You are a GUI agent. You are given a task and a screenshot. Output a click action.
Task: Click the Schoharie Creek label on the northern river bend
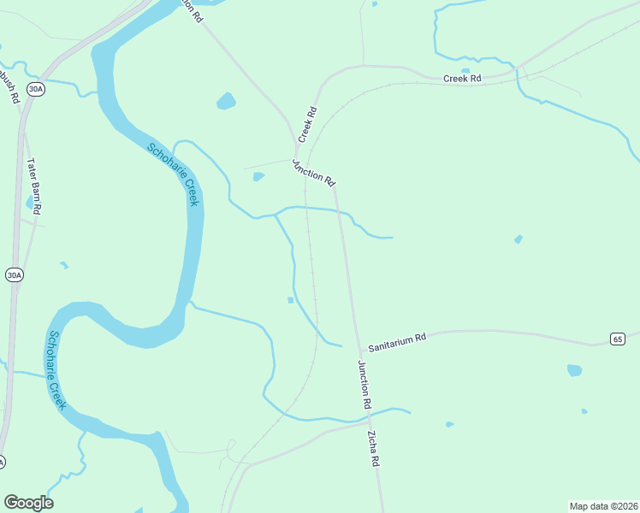click(173, 174)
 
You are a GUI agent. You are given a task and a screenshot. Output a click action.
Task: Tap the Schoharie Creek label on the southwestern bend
click(57, 370)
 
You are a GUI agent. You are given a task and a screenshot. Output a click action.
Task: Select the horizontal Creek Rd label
click(463, 79)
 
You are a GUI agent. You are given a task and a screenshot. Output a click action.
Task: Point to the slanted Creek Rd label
click(307, 124)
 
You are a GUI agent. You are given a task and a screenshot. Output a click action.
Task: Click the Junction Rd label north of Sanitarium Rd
click(313, 173)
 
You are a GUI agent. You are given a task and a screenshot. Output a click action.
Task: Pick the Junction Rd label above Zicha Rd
click(364, 384)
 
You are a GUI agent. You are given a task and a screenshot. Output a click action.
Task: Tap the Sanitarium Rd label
click(397, 344)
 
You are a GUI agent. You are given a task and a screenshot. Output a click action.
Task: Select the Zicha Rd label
click(374, 448)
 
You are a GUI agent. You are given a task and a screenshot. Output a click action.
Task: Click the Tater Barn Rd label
click(34, 186)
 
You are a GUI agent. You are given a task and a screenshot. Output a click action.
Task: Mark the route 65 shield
click(618, 339)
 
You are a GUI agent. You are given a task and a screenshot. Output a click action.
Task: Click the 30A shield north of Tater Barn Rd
click(34, 89)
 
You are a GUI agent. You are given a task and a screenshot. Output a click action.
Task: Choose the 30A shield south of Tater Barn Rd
click(14, 274)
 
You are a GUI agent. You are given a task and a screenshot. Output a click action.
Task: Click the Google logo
click(28, 503)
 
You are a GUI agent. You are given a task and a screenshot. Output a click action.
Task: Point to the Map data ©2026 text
click(603, 505)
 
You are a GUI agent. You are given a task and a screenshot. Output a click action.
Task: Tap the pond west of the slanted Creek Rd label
click(226, 103)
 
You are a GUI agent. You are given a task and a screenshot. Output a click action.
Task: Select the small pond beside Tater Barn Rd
click(30, 203)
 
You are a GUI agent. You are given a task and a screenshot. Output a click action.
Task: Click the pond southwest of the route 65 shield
click(574, 370)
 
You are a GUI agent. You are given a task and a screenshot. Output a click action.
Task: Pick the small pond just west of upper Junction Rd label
click(258, 177)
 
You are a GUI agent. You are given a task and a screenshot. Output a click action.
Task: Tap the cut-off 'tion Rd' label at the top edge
click(192, 10)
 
